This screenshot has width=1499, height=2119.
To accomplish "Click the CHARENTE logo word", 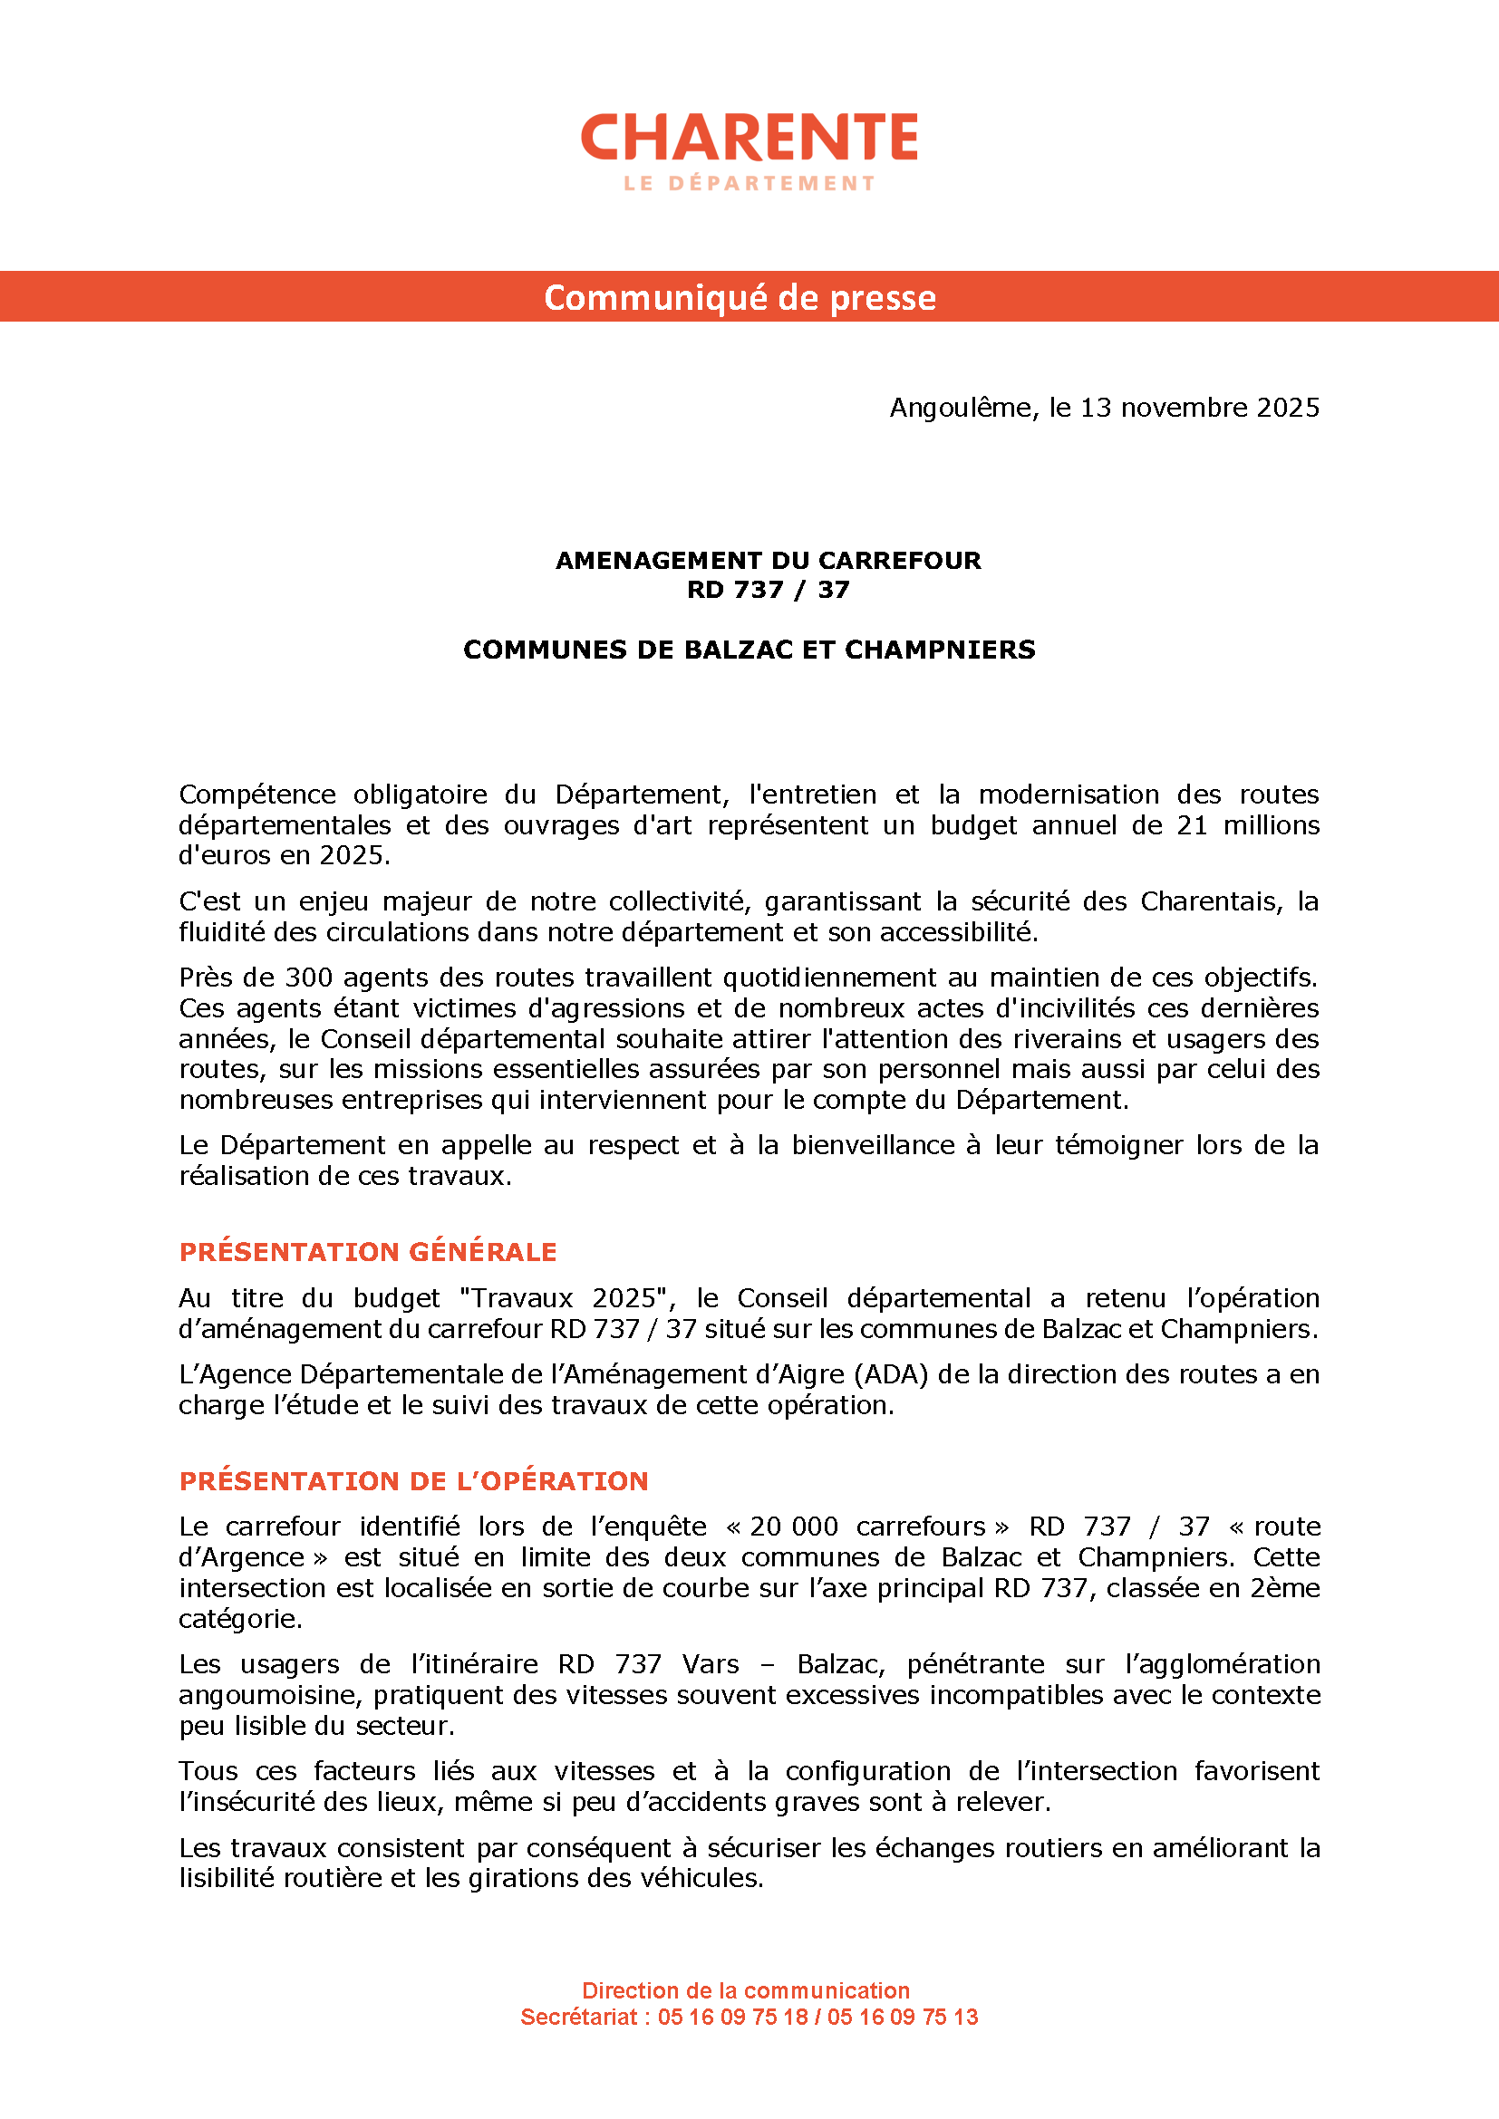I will pos(749,138).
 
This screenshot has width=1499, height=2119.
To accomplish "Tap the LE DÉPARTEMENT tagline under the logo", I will pos(749,184).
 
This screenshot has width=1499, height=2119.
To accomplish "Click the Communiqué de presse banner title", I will pos(740,297).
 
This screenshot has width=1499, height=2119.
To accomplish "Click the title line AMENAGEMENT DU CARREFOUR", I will pos(768,560).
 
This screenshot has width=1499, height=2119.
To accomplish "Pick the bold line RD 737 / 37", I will pos(768,590).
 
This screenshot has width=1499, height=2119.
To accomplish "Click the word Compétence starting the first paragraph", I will pos(256,795).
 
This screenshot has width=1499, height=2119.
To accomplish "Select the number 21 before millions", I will pos(1191,825).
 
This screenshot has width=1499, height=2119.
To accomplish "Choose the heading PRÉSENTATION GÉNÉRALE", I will pos(367,1251).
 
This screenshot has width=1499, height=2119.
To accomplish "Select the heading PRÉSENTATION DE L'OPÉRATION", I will pos(413,1481).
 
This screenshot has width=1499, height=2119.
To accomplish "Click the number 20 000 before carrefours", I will pos(793,1527).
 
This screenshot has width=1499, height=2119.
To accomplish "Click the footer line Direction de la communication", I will pos(746,1990).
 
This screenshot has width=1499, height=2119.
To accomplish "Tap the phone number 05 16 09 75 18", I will pos(733,2017).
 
